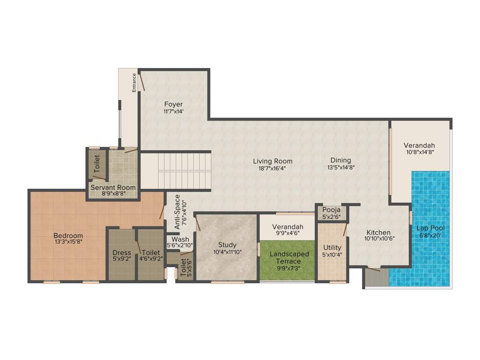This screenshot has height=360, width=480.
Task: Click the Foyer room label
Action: [x=173, y=104]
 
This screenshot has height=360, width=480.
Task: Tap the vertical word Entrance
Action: [x=134, y=82]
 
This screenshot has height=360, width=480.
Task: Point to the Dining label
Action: [x=340, y=160]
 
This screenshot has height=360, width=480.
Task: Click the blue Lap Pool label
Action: [x=431, y=228]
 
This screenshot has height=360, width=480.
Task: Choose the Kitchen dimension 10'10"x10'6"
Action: [x=379, y=238]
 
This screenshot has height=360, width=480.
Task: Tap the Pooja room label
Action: [x=331, y=210]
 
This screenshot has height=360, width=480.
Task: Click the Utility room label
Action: [x=332, y=247]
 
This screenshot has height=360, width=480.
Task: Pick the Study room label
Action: [x=227, y=245]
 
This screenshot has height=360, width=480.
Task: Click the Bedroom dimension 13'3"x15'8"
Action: [x=68, y=242]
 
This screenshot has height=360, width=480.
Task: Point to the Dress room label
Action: [x=122, y=253]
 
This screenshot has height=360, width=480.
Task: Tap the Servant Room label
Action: [x=113, y=187]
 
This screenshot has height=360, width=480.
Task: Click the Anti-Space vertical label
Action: [x=178, y=212]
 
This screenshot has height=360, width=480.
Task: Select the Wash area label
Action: [x=180, y=240]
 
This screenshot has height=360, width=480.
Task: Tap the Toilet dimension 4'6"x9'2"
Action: [x=150, y=259]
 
